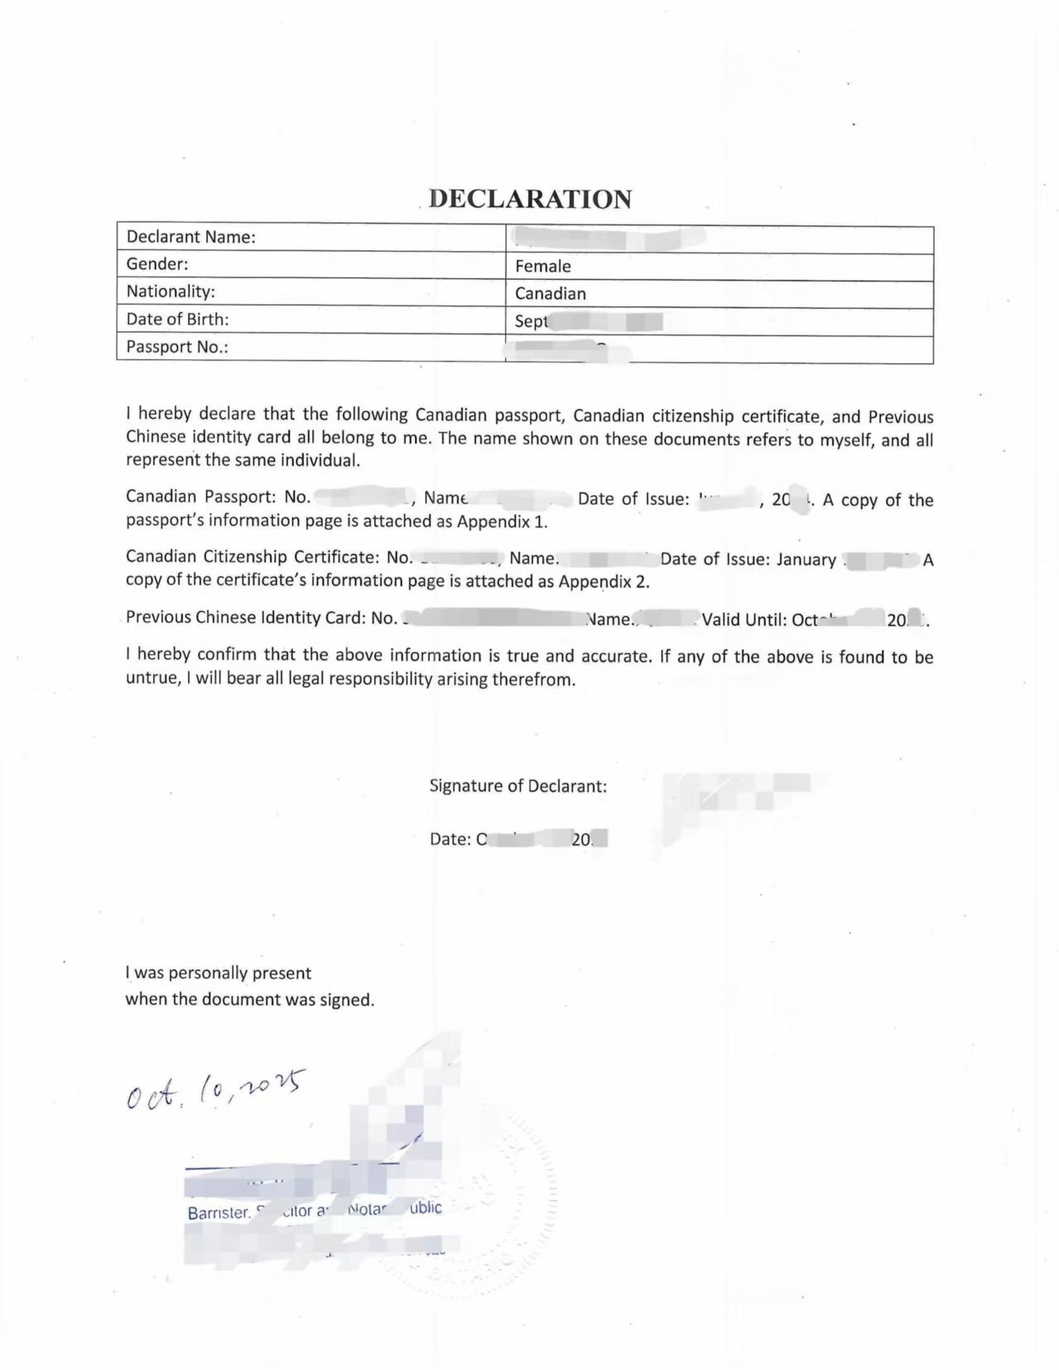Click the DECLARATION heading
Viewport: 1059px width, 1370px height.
point(531,199)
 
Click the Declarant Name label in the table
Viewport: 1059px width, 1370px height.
point(190,238)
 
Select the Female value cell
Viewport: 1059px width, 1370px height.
point(543,267)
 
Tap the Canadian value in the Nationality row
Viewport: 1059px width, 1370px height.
point(551,294)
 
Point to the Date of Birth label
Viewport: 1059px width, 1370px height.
point(177,320)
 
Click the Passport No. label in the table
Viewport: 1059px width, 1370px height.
point(177,348)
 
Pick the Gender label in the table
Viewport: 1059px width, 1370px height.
point(157,265)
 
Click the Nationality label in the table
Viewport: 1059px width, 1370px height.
point(171,292)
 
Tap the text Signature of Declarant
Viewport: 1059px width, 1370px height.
point(517,786)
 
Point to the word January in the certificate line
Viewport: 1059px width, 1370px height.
point(806,560)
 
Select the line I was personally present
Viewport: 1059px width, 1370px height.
point(219,973)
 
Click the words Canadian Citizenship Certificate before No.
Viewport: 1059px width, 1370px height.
point(253,558)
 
